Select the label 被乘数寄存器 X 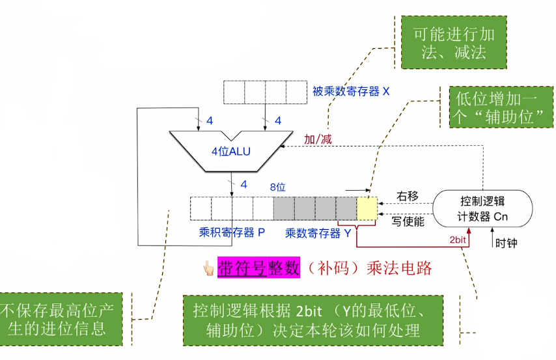coord(351,92)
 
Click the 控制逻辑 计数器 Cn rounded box coord(483,208)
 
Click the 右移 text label coord(408,195)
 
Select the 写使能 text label coord(408,221)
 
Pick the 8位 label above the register coord(278,187)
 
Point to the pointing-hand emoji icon coord(208,268)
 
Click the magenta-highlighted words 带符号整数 coord(258,268)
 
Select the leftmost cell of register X coord(234,92)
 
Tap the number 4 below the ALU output coord(243,185)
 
